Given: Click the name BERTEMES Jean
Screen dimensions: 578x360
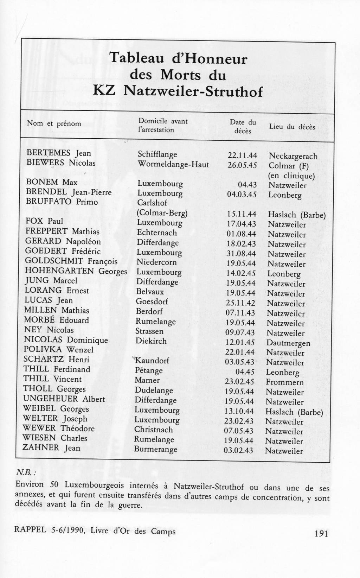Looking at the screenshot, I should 59,153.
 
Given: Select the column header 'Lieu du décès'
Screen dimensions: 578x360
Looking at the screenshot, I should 292,127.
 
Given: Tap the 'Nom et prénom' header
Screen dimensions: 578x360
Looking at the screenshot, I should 54,123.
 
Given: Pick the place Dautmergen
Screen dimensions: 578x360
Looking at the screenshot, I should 288,343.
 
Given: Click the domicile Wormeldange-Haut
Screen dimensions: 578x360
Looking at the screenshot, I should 173,164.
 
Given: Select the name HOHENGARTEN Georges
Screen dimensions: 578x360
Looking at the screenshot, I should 76,271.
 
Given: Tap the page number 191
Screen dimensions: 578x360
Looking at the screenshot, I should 321,534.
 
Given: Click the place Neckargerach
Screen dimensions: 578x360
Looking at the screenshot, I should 293,156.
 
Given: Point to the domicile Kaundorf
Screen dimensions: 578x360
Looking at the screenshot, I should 152,360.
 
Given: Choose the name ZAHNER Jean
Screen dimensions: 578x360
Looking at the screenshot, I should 51,448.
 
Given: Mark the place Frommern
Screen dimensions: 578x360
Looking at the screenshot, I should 284,382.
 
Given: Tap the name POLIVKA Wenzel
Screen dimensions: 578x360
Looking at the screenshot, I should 59,350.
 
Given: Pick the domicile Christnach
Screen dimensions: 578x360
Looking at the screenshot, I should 153,430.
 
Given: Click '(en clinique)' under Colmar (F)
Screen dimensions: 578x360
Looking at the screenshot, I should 291,176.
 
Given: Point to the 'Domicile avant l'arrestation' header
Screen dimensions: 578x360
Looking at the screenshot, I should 163,125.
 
